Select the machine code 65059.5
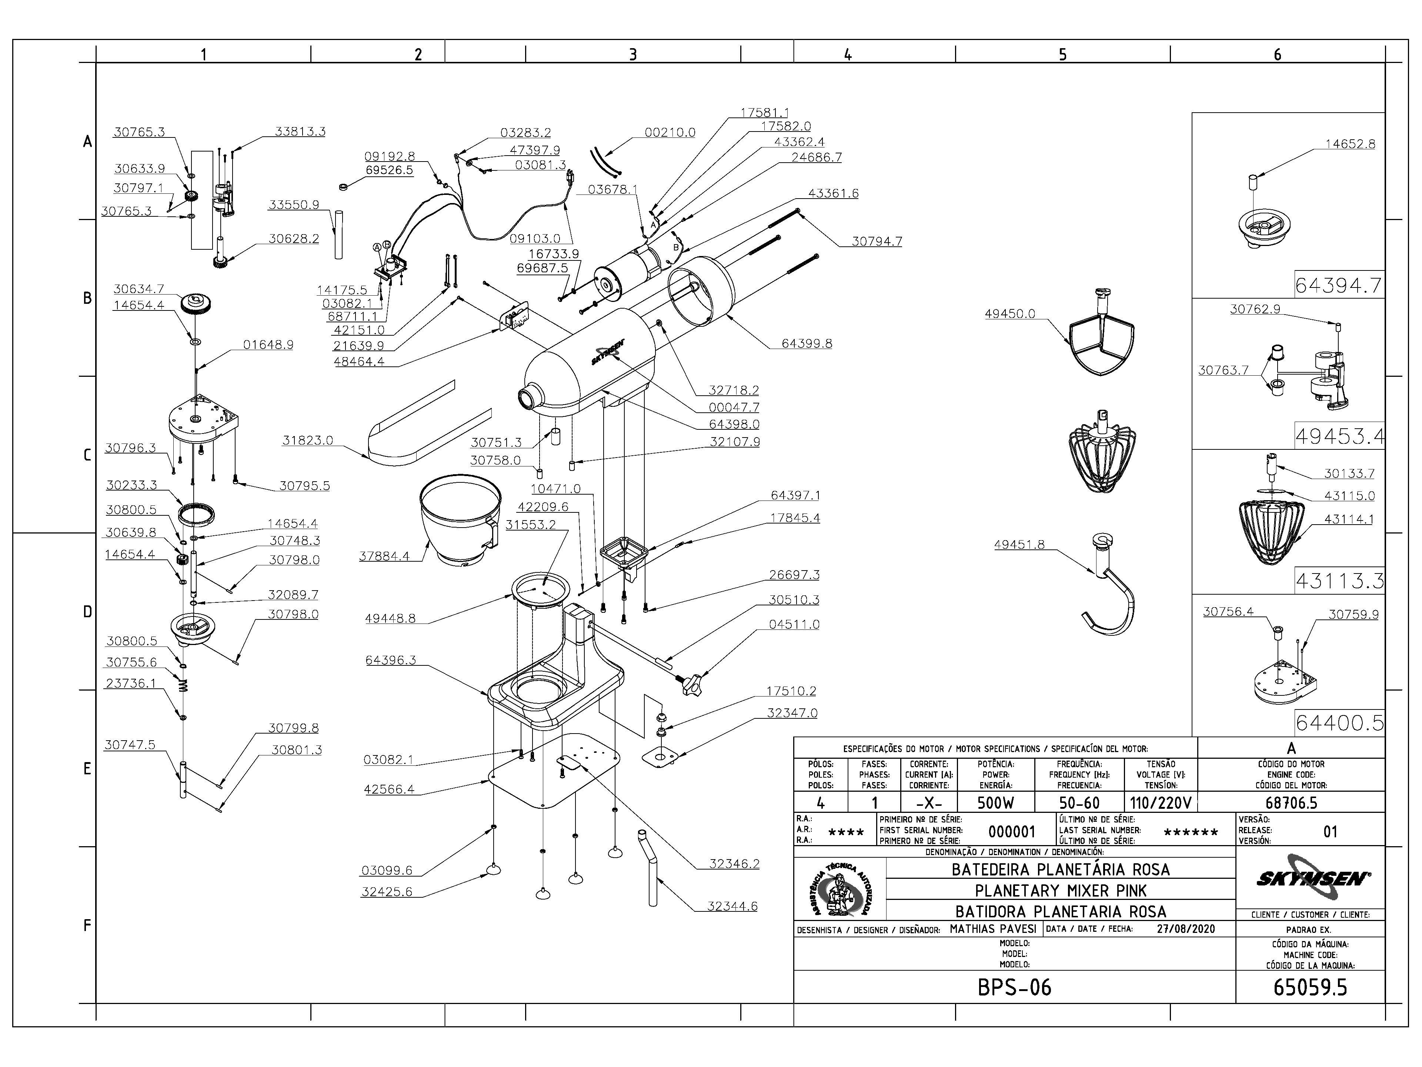(1310, 987)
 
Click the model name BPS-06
(1014, 987)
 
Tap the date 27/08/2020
(1186, 929)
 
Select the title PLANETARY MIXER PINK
(1061, 891)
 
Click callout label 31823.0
(308, 441)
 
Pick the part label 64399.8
(807, 343)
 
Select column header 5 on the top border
(1063, 55)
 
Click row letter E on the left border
(87, 769)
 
